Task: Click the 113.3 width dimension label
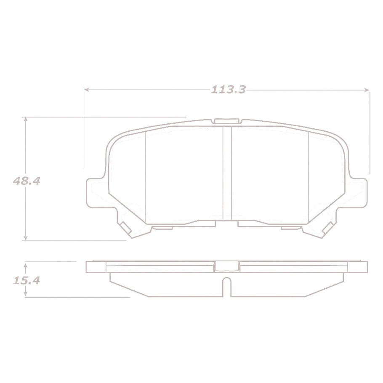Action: click(x=228, y=89)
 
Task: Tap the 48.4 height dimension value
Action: click(x=26, y=181)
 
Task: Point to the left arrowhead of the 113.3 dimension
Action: click(x=87, y=89)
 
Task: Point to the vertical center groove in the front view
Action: click(x=227, y=173)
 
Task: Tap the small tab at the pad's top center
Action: click(x=227, y=121)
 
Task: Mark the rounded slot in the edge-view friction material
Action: click(x=227, y=286)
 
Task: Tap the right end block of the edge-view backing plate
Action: click(x=358, y=267)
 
